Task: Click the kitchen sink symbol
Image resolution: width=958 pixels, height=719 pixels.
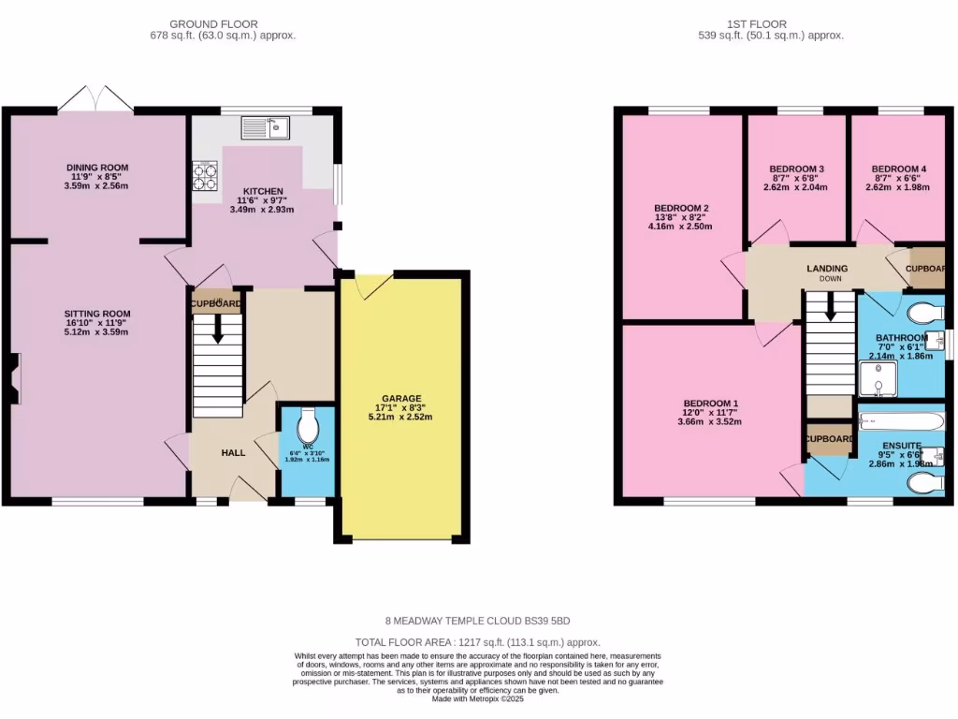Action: [266, 125]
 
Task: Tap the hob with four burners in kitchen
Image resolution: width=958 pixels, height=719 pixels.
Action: [205, 175]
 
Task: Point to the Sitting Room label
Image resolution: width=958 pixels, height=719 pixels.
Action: [97, 314]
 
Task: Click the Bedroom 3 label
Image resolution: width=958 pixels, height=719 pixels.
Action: [791, 169]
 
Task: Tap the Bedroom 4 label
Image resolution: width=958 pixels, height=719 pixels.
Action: [893, 169]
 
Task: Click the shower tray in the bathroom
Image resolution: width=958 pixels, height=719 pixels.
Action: [878, 379]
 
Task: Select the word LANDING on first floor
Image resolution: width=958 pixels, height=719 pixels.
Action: [827, 269]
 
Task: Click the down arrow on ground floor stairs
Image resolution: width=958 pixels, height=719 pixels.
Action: [218, 330]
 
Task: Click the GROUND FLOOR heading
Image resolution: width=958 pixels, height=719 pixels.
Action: [214, 24]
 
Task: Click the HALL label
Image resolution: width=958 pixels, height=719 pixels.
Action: [233, 452]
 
